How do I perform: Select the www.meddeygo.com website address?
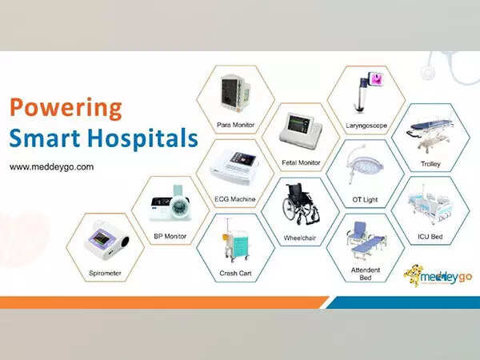(52, 167)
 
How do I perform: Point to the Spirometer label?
(106, 273)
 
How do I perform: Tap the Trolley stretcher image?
(432, 131)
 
